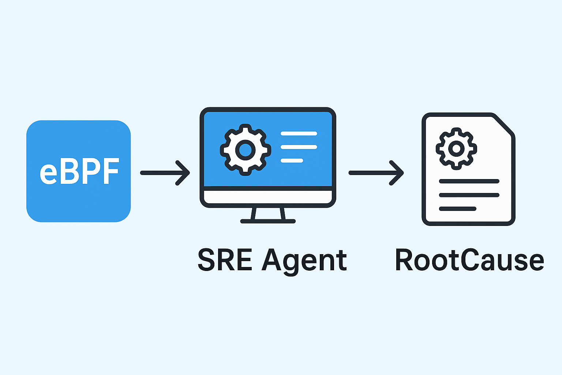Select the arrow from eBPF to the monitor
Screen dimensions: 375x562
tap(165, 173)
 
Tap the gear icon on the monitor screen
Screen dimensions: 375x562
tap(246, 149)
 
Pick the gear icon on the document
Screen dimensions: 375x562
tap(456, 148)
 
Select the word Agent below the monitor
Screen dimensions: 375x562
tap(304, 261)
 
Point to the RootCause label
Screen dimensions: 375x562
tap(469, 260)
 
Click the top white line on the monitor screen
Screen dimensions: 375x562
tap(299, 134)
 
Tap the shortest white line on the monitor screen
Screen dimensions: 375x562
tap(292, 160)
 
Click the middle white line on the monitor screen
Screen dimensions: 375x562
tap(299, 147)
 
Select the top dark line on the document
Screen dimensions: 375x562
tap(469, 181)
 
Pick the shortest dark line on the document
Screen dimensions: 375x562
tap(457, 209)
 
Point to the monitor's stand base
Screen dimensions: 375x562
tap(268, 221)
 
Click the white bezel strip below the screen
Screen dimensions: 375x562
tap(268, 197)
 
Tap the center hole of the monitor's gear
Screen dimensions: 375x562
tap(246, 149)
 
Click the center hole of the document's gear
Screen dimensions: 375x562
tap(456, 148)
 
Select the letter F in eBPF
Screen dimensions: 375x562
tap(110, 171)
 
